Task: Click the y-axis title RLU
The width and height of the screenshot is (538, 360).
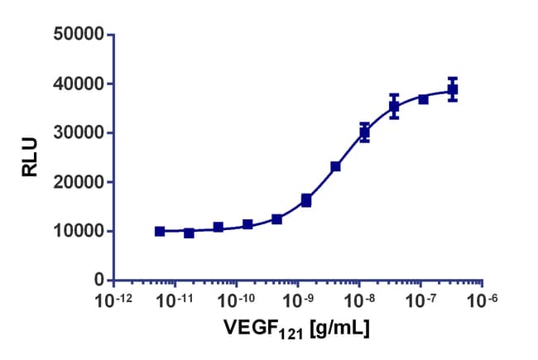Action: (30, 157)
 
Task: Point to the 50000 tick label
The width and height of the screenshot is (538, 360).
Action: (77, 35)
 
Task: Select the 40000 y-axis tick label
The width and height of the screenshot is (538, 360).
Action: (77, 84)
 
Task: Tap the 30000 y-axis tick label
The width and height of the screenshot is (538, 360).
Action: (77, 132)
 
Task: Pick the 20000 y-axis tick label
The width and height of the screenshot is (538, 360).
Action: (77, 182)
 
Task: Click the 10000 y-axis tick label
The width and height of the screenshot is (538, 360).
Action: (77, 231)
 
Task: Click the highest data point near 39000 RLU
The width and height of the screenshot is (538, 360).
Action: (453, 89)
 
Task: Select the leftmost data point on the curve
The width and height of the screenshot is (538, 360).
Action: (160, 232)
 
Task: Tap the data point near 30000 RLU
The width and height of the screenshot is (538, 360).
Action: (364, 132)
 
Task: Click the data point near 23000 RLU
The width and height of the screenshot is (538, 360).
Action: (335, 166)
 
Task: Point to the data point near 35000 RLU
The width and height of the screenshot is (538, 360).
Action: (394, 106)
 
